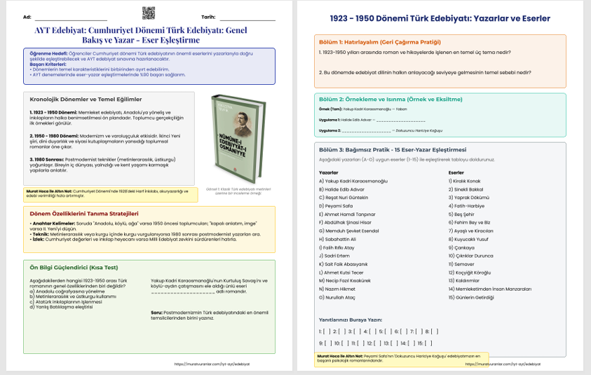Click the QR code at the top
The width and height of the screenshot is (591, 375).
(148, 13)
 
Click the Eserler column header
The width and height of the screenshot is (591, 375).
(456, 172)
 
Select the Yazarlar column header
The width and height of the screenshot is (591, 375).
(329, 172)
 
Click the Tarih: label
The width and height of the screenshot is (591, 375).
(208, 16)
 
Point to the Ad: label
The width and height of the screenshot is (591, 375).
(27, 16)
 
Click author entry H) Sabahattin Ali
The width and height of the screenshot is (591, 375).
(337, 238)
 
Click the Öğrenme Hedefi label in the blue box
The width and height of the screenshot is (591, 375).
(47, 53)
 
